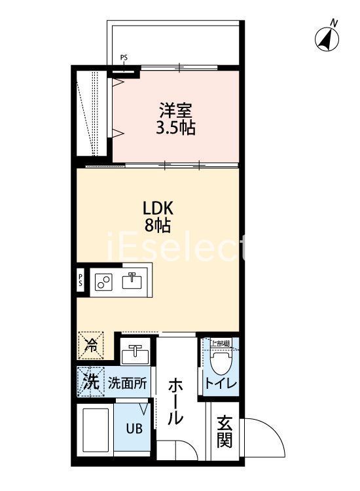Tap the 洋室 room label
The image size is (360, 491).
coord(175,109)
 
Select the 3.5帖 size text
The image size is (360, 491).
coord(175,128)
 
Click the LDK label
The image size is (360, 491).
coord(158,208)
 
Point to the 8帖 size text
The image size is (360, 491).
coord(158,227)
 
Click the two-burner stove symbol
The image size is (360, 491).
coord(103,282)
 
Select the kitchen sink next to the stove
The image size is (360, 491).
coord(132,281)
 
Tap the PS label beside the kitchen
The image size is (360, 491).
coord(81,281)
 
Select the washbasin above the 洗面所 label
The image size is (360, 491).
coord(135,352)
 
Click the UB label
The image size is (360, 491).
coord(134,429)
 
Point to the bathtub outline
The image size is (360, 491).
coord(96,433)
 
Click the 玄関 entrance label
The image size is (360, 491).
coord(225,433)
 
